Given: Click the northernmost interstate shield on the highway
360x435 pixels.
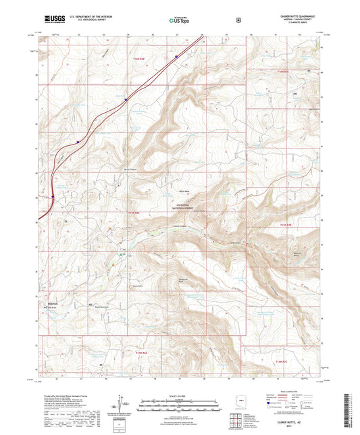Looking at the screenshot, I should [176, 58].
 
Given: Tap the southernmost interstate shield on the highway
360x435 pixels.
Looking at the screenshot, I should [53, 197].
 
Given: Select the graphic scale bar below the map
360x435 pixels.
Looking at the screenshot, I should [180, 404].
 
